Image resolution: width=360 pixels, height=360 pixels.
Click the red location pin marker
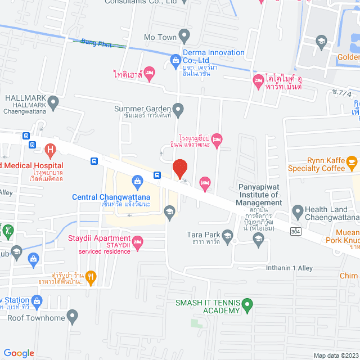click(x=179, y=169)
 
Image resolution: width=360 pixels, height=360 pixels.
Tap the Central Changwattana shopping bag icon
click(x=137, y=181)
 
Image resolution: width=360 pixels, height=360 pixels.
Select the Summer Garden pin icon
click(x=178, y=109)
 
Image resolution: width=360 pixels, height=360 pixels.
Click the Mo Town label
click(x=160, y=38)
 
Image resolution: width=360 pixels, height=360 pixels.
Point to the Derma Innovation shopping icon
click(x=175, y=60)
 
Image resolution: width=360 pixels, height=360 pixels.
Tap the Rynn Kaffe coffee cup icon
click(x=352, y=164)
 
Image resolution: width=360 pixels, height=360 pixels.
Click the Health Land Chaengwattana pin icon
click(x=298, y=211)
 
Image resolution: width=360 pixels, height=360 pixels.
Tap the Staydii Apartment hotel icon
click(x=138, y=243)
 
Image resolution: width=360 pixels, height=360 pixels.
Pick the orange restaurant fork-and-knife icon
click(x=92, y=276)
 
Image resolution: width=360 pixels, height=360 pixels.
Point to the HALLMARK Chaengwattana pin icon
click(x=53, y=102)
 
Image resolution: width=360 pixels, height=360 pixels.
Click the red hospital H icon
click(x=50, y=150)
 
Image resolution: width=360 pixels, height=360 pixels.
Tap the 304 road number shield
click(x=295, y=231)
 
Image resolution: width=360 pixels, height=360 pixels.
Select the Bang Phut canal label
click(x=94, y=42)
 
